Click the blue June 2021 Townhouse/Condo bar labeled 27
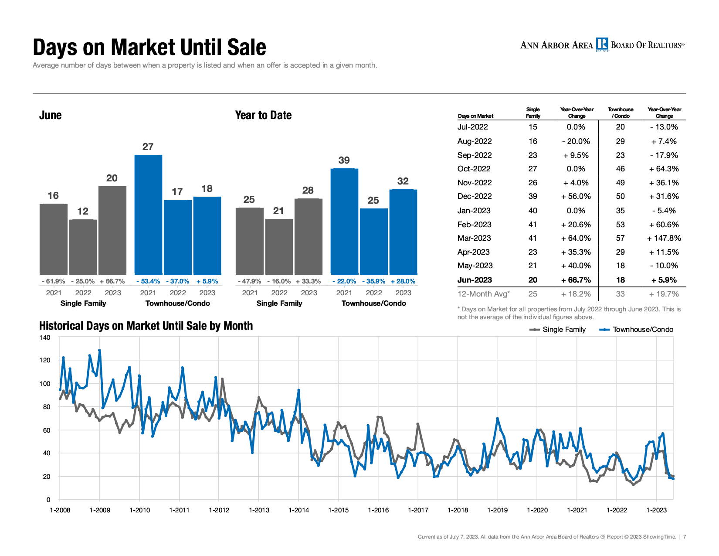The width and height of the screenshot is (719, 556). click(x=148, y=215)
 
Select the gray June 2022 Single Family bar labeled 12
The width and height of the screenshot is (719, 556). click(x=83, y=247)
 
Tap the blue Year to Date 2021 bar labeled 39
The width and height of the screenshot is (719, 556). click(x=344, y=222)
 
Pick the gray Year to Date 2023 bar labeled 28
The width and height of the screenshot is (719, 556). click(x=309, y=236)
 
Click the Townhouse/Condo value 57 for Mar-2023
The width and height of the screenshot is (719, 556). click(x=620, y=238)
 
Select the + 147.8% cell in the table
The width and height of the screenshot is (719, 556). click(x=664, y=238)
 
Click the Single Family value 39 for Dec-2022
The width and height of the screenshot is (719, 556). click(x=533, y=196)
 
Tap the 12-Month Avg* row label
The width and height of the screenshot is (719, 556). click(x=483, y=294)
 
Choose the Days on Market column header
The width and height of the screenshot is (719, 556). click(x=475, y=116)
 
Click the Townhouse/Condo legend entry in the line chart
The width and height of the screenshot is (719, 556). click(x=636, y=330)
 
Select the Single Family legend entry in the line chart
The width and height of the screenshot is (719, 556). click(x=557, y=330)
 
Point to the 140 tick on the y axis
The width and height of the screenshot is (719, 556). click(x=45, y=338)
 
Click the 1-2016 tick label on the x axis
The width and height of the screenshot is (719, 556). click(x=378, y=510)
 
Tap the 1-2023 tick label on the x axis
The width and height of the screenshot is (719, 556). click(x=656, y=510)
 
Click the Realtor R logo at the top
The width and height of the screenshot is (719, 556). click(x=602, y=44)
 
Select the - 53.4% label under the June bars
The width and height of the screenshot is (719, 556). click(x=148, y=281)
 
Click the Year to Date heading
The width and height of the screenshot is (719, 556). click(x=263, y=115)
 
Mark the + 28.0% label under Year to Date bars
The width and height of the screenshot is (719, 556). click(x=403, y=281)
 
